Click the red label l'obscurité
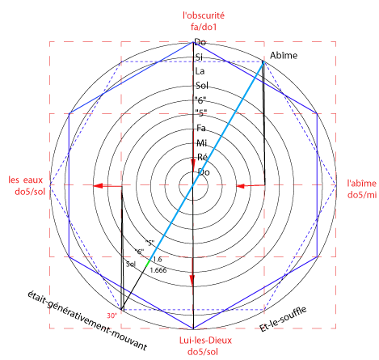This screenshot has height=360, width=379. coord(204,15)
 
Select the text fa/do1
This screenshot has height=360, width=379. coord(204,27)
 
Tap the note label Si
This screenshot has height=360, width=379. coord(199,57)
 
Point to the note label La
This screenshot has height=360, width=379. coord(200,71)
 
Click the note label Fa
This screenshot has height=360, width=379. coord(201,128)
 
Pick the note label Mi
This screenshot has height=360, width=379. coord(202,143)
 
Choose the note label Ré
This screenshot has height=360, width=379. coord(202,157)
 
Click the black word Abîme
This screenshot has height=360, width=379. coord(284,55)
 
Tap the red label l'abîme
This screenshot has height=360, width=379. coord(361,184)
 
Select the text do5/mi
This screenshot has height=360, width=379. coord(362,195)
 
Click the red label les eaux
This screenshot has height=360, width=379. coord(26,180)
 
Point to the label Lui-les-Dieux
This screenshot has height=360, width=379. coord(205,341)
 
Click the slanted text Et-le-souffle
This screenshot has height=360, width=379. coord(283,319)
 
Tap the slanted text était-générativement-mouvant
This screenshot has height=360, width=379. coord(87,320)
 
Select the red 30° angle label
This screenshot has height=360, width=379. coord(112,316)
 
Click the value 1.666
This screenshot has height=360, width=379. coord(158,270)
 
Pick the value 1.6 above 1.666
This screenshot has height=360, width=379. coord(158,259)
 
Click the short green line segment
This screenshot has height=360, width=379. coord(148,264)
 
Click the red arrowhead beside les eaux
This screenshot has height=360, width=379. coord(98,185)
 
